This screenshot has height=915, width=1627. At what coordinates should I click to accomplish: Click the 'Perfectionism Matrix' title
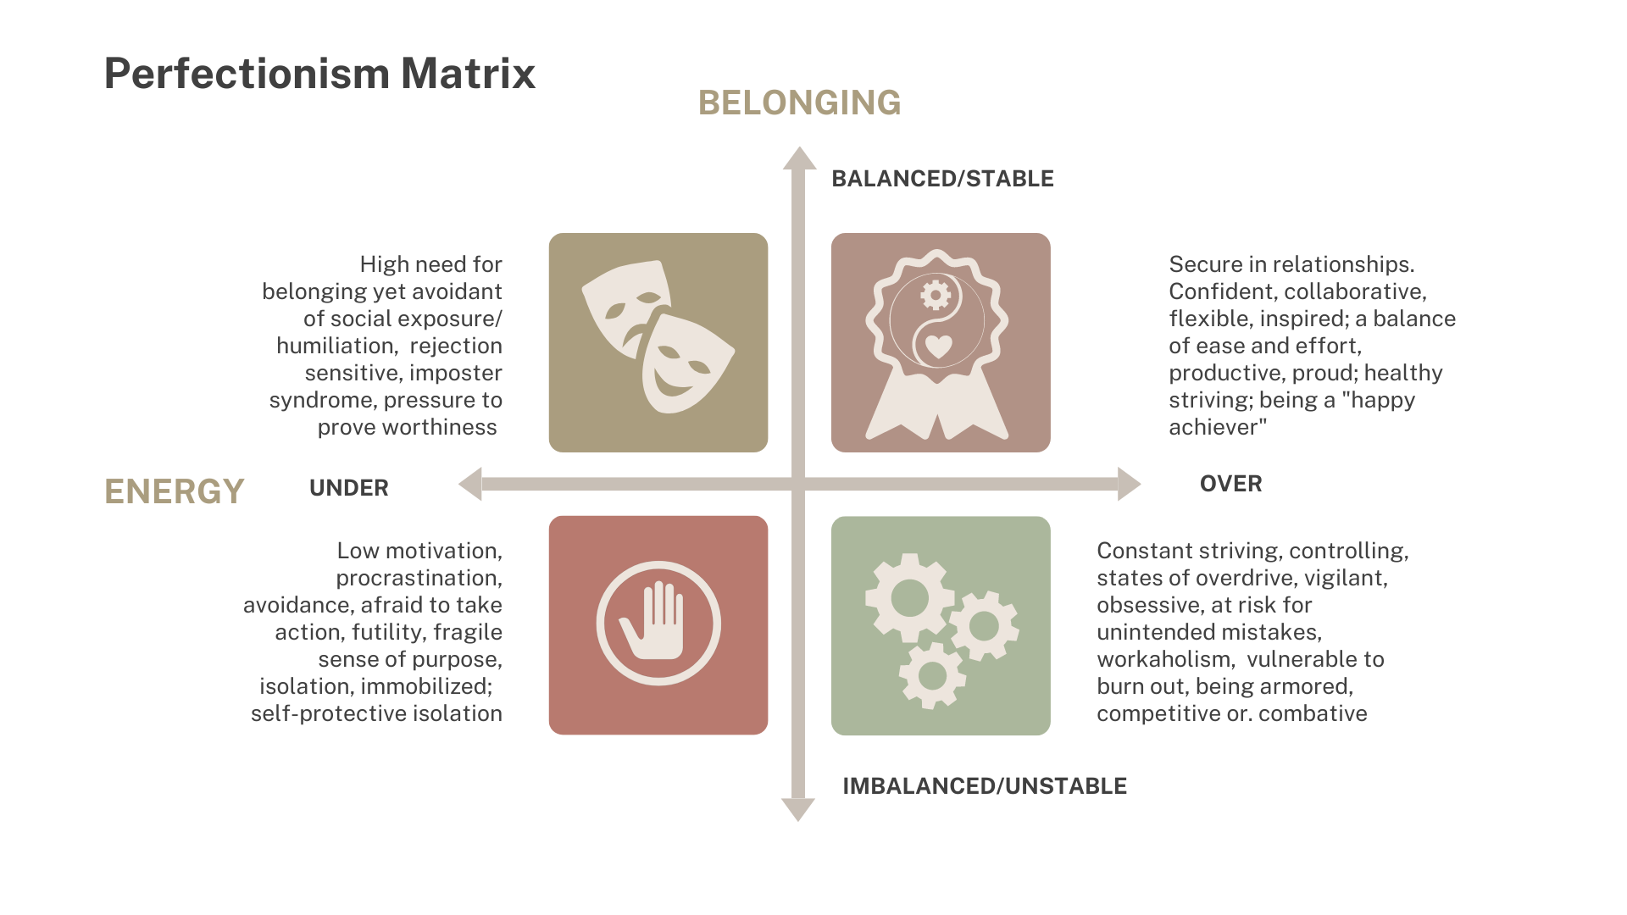pyautogui.click(x=319, y=74)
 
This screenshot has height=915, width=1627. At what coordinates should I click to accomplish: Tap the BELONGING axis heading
pyautogui.click(x=799, y=103)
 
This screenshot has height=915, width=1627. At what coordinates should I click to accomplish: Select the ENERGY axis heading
pyautogui.click(x=174, y=491)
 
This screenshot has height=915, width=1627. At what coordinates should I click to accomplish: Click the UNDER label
pyautogui.click(x=348, y=488)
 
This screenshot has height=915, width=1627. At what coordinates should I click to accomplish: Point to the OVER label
pyautogui.click(x=1230, y=484)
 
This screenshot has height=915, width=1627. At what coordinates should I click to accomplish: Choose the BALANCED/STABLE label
pyautogui.click(x=942, y=179)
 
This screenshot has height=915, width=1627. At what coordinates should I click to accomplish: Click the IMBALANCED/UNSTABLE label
pyautogui.click(x=984, y=786)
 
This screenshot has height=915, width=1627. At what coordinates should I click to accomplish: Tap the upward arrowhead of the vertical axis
pyautogui.click(x=798, y=158)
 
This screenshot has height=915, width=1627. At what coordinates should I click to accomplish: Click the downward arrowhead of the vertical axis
pyautogui.click(x=797, y=810)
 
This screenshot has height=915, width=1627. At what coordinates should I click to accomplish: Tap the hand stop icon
pyautogui.click(x=658, y=623)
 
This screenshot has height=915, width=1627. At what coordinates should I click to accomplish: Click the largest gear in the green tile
pyautogui.click(x=909, y=598)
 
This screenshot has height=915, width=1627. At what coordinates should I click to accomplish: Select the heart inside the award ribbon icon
pyautogui.click(x=938, y=347)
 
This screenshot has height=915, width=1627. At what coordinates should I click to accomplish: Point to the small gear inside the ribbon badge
pyautogui.click(x=936, y=296)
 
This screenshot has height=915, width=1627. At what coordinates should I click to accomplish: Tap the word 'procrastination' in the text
pyautogui.click(x=418, y=578)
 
